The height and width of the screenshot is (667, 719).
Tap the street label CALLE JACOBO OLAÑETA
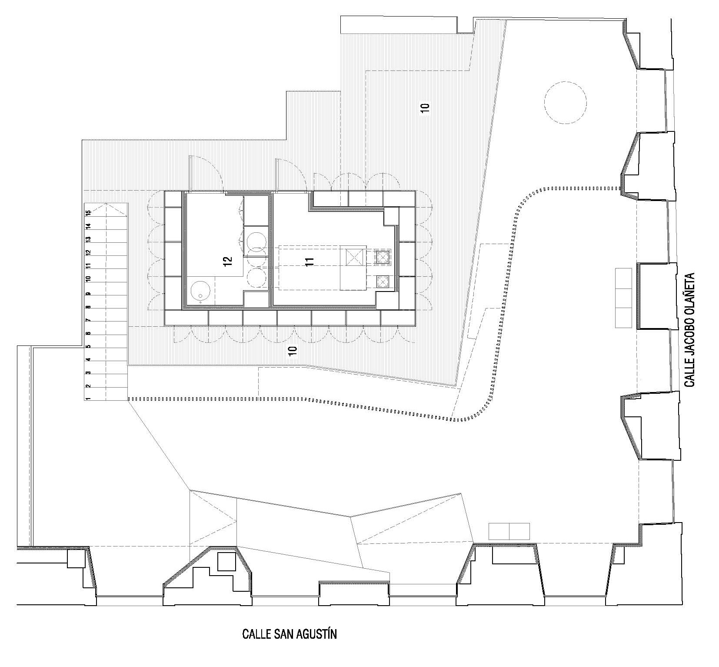[689, 330]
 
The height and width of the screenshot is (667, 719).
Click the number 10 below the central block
[292, 351]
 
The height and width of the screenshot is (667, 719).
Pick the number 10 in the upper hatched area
[425, 108]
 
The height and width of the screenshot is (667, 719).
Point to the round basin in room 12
[200, 291]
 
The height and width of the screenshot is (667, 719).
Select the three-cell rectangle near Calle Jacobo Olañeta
[623, 298]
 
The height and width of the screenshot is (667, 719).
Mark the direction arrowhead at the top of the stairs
[106, 207]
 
